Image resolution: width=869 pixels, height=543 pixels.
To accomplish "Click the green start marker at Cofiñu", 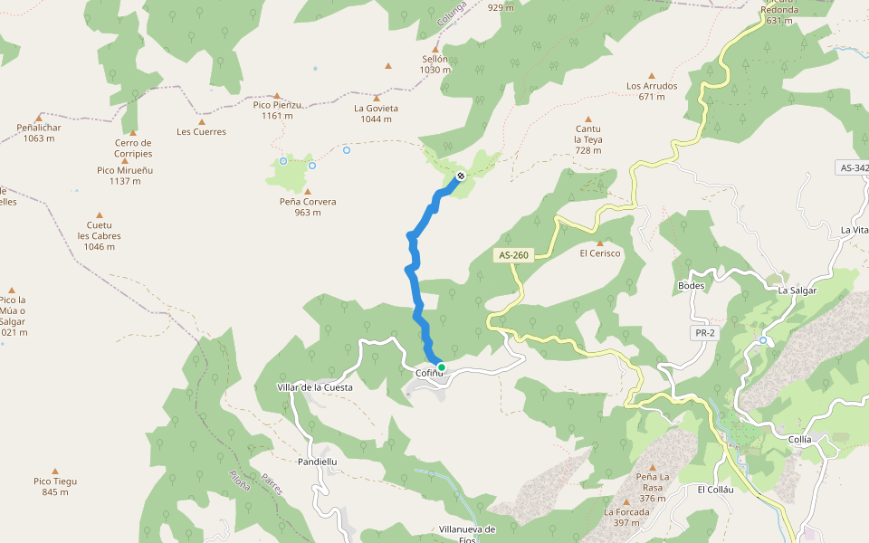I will [x=442, y=367].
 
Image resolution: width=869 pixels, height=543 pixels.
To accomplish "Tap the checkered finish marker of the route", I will [x=461, y=176].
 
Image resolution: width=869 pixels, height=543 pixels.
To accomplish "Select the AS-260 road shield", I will [x=513, y=255].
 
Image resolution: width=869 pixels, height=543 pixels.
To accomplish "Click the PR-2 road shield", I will [x=705, y=333].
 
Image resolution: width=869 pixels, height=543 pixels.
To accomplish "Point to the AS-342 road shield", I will [x=853, y=168].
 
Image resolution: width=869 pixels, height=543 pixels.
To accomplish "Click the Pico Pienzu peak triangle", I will [x=277, y=95].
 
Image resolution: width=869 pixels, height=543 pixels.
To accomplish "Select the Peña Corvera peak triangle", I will [x=308, y=192].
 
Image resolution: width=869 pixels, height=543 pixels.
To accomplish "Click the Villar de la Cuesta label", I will [x=315, y=387].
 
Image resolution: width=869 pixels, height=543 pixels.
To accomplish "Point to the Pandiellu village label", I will [x=317, y=461].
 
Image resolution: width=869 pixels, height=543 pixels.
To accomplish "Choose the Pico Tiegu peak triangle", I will [x=55, y=472].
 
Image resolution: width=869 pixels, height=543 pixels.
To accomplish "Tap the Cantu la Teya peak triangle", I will [x=588, y=119].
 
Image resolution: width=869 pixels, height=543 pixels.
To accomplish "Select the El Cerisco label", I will [x=600, y=253].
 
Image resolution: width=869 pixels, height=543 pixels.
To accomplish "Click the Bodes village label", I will [x=691, y=285].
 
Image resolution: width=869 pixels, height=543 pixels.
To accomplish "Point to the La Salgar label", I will [x=797, y=291].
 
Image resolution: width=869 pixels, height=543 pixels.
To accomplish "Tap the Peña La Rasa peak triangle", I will [x=652, y=467].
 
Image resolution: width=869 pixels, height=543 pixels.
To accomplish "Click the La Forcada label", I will [x=626, y=511].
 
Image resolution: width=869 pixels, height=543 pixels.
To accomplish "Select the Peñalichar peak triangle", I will [x=39, y=118].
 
